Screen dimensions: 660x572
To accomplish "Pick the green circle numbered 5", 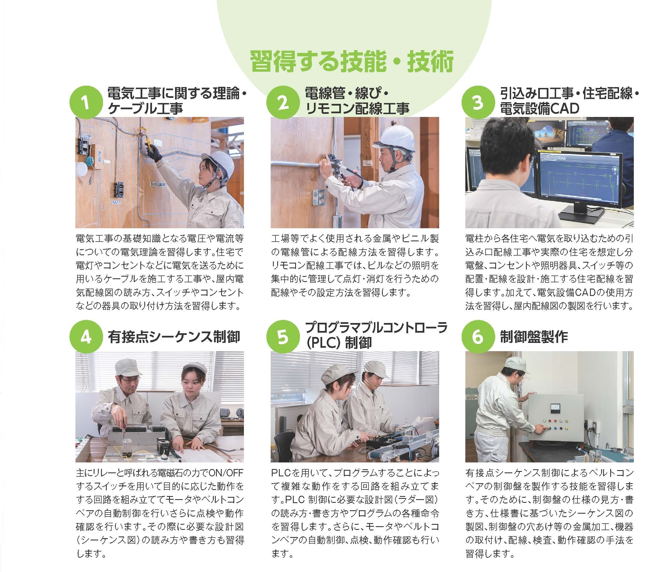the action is click(x=282, y=338).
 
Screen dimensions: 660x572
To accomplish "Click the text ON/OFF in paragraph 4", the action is click(x=226, y=472).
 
